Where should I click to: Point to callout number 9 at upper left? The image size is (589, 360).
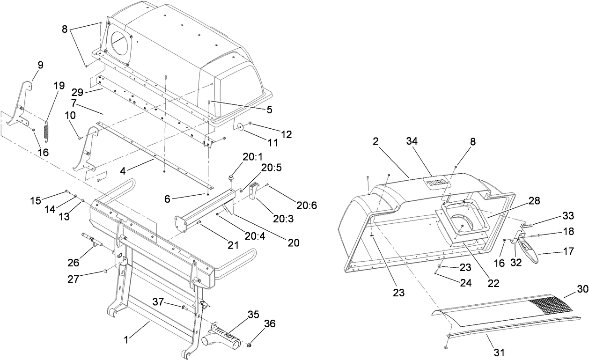click(x=40, y=66)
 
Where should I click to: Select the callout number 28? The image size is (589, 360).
click(x=533, y=201)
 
